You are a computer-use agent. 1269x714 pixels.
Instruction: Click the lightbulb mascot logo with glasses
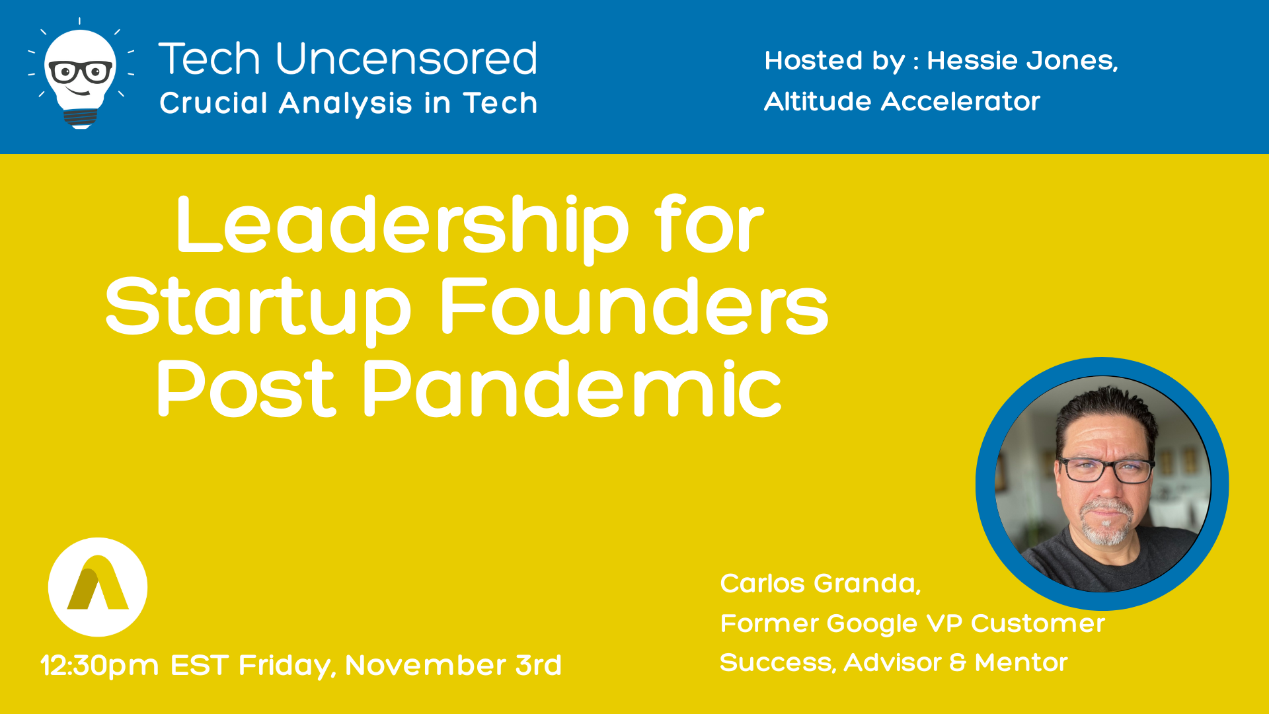coord(81,74)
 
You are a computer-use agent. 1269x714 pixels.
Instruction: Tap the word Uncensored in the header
coord(406,59)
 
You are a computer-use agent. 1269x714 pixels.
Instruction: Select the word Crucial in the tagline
coord(213,102)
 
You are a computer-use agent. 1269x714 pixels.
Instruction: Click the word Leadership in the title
coord(403,226)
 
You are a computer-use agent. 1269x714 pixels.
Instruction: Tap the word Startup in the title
coord(258,307)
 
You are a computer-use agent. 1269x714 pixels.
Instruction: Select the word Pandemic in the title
coord(572,388)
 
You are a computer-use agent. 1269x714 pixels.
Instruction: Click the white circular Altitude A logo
coord(98,587)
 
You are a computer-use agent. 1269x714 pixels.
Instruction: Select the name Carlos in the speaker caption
coord(762,584)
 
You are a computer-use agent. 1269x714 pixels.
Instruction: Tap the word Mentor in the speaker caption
coord(1021,662)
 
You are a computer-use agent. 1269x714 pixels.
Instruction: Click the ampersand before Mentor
coord(958,662)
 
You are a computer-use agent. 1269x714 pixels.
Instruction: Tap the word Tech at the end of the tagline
coord(500,102)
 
